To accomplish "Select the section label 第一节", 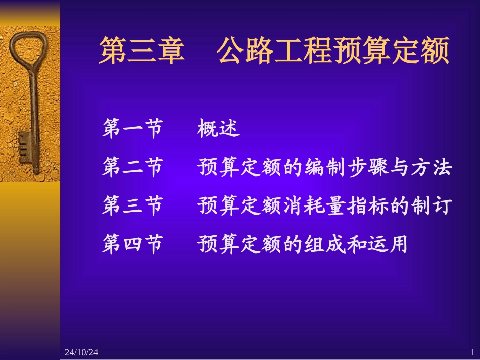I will pos(132,129).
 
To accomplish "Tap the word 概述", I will pos(218,129).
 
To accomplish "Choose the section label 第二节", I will pos(132,168).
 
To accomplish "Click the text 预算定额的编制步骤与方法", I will pos(324,168).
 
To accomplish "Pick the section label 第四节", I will pos(132,244).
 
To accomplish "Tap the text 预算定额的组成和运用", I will pos(303,244).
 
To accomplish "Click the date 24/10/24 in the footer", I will pos(81,352).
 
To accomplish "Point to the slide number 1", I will pos(472,352).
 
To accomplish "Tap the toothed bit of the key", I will pos(25,148).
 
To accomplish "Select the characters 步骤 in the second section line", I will pos(366,168).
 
